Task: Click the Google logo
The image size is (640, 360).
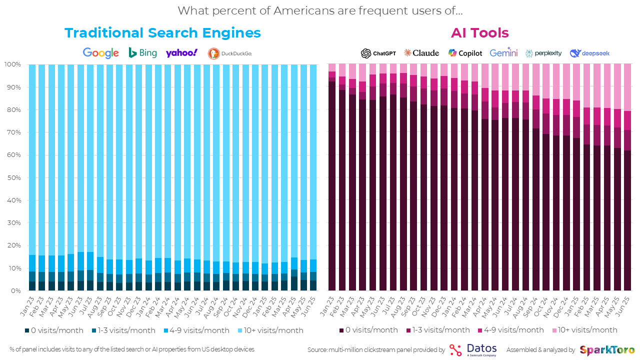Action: pyautogui.click(x=100, y=53)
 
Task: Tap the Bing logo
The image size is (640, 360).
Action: pyautogui.click(x=142, y=52)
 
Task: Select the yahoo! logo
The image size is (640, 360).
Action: pyautogui.click(x=181, y=53)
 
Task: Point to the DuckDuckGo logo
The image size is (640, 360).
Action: pyautogui.click(x=229, y=53)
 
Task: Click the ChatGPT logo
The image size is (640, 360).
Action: pyautogui.click(x=378, y=53)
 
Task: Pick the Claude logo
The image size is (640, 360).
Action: pyautogui.click(x=421, y=53)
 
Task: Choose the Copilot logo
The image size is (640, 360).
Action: pyautogui.click(x=465, y=53)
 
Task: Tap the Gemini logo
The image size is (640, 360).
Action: pyautogui.click(x=503, y=53)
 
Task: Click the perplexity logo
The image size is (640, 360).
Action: pyautogui.click(x=543, y=53)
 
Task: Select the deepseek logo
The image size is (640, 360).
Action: pyautogui.click(x=589, y=53)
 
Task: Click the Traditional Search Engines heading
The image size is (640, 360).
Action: pyautogui.click(x=162, y=33)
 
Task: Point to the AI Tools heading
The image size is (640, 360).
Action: pyautogui.click(x=479, y=33)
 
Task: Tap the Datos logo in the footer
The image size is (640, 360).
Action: pyautogui.click(x=472, y=349)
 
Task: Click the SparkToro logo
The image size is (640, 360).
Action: pyautogui.click(x=607, y=350)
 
